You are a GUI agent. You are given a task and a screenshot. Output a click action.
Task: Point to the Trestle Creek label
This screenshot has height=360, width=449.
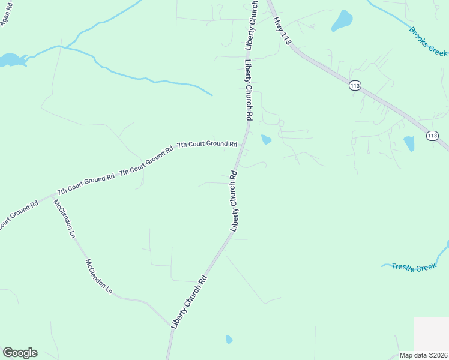[x=414, y=267]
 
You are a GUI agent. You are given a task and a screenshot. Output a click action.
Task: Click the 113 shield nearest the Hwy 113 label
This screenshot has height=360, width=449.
[x=355, y=86]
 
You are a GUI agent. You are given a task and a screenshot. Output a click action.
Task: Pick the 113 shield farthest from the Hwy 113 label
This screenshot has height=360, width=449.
[x=432, y=136]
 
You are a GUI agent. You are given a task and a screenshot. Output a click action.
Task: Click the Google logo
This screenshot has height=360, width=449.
[x=20, y=353]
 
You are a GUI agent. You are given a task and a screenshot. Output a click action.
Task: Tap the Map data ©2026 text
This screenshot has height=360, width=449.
[x=424, y=355]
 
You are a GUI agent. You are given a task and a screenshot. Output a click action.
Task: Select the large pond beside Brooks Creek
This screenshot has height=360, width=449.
[x=342, y=20]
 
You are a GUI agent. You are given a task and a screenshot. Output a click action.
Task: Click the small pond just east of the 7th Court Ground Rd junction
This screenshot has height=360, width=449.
[x=265, y=140]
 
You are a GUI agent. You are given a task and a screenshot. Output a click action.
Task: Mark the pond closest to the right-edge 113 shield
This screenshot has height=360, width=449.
[x=409, y=143]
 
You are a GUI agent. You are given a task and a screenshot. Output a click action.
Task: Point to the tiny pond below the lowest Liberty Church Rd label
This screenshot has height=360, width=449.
[x=229, y=340]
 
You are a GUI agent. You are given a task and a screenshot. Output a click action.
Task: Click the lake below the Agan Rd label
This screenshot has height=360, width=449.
[x=11, y=60]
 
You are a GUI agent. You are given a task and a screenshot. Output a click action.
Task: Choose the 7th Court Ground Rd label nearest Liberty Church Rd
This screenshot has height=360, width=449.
[x=207, y=145]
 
